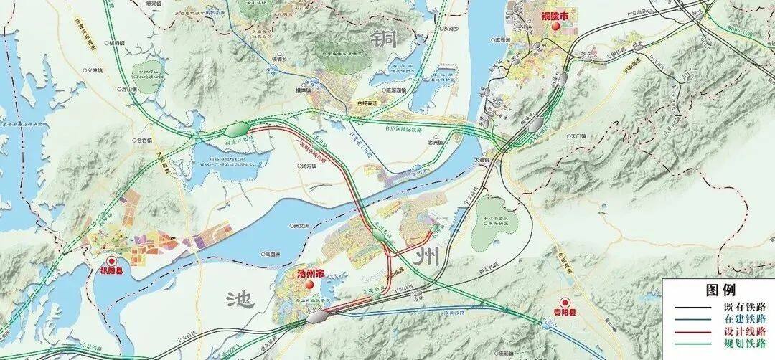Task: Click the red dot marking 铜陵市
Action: click(x=556, y=26)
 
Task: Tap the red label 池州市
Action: click(x=310, y=274)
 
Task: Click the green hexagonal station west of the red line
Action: click(x=236, y=129)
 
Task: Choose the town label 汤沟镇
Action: click(x=311, y=165)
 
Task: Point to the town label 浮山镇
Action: click(x=128, y=90)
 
